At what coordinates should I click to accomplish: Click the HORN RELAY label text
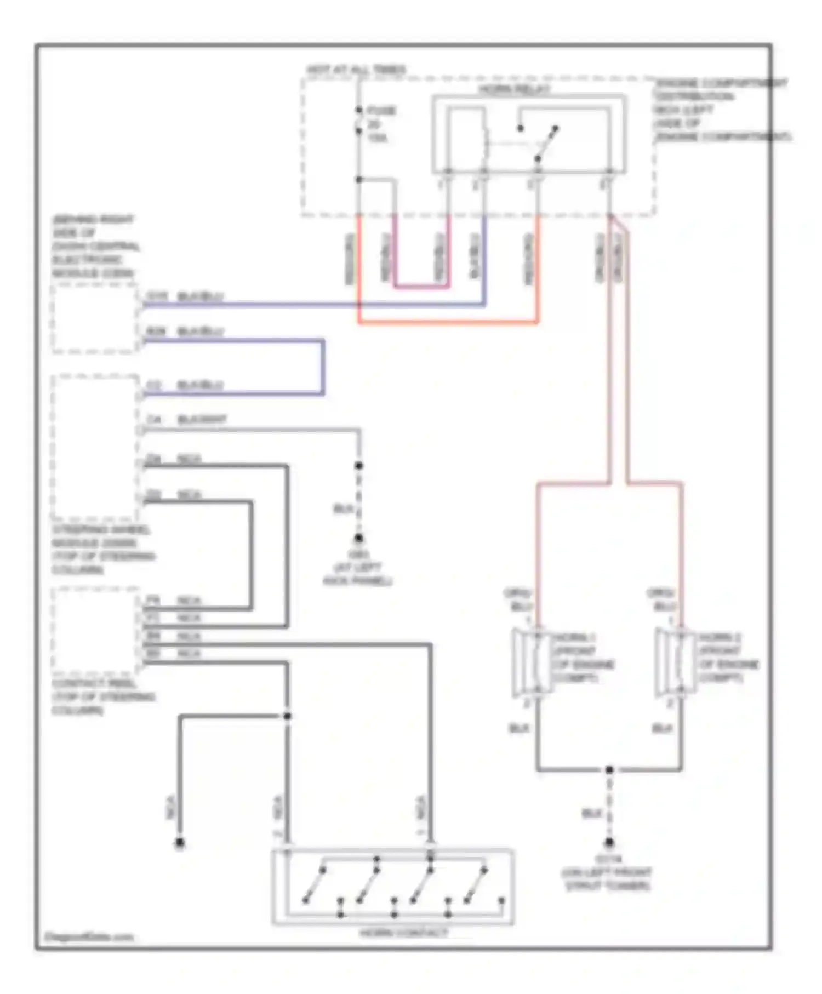(513, 89)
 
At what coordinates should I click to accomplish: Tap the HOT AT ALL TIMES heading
(356, 70)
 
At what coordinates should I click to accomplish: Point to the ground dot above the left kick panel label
(359, 538)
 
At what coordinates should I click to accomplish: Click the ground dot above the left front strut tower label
(609, 843)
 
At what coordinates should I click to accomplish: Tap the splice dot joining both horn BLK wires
(609, 770)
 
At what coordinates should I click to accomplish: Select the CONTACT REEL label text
(102, 697)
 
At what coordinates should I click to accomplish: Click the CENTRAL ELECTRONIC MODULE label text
(95, 247)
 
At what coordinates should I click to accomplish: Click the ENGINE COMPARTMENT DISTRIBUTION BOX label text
(721, 110)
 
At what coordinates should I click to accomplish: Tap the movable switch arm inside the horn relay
(546, 144)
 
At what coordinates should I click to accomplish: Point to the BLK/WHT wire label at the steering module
(202, 420)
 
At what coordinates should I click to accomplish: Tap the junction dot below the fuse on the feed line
(359, 179)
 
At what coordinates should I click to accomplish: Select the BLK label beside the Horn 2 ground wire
(661, 728)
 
